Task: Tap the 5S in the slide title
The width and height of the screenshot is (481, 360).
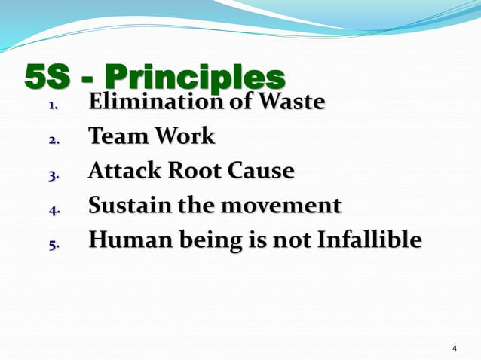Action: tap(50, 78)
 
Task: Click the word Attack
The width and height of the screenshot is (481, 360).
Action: tap(121, 171)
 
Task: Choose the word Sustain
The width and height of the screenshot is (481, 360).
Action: tap(124, 205)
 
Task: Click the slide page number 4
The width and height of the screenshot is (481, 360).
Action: tap(454, 348)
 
